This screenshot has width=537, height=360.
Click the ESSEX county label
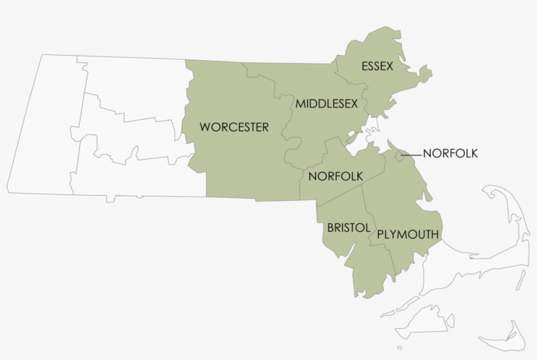(377, 66)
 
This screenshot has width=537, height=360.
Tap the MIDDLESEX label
(326, 103)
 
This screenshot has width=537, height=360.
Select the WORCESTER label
(234, 127)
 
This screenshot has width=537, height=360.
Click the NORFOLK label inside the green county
(335, 175)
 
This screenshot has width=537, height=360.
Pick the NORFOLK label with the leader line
(451, 154)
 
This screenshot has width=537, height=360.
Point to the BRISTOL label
(348, 228)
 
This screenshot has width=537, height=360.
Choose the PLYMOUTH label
(408, 234)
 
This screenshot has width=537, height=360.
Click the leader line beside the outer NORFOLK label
(411, 154)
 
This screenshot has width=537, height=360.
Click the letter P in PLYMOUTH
(381, 234)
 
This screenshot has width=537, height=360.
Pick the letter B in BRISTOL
(330, 228)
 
